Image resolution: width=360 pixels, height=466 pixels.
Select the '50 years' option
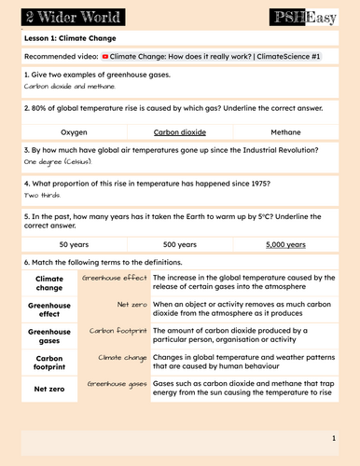(75, 245)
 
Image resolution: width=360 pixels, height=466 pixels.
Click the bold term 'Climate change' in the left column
(49, 282)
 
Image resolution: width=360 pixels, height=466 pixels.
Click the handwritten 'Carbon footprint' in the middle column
(118, 330)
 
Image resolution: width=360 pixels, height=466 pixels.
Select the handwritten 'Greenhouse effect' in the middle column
(115, 278)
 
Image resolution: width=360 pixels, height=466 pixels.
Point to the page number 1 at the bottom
(333, 437)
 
